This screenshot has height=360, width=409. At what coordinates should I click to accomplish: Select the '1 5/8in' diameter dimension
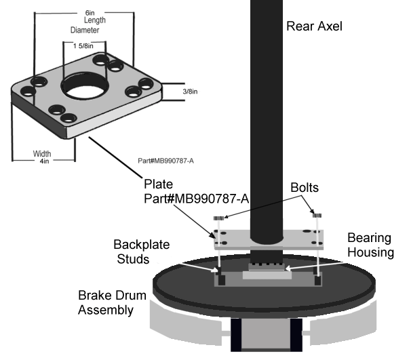pos(84,45)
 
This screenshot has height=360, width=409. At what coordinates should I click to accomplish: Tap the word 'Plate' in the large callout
pos(159,184)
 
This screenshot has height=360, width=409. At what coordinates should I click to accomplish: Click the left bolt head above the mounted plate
pos(218,218)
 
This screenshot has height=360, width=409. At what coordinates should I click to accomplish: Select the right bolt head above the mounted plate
pos(316,215)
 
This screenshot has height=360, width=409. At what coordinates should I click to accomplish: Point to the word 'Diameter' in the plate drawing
pos(84,31)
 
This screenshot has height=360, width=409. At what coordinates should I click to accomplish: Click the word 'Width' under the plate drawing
pos(43,153)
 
